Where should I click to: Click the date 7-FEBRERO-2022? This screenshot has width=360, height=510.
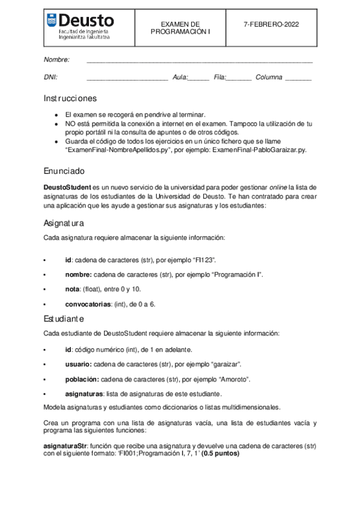pos(271,24)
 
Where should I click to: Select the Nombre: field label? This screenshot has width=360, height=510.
pos(56,60)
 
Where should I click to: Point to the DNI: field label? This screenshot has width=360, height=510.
pos(50,77)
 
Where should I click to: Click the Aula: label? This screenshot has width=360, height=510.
pos(180,77)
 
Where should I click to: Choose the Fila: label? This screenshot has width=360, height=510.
pos(219,77)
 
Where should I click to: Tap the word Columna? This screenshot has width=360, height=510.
pos(269,77)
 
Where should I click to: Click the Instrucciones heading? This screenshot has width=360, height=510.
pos(70,98)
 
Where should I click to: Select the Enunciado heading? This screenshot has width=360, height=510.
pos(64,170)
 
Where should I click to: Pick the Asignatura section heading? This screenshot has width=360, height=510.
pos(64,223)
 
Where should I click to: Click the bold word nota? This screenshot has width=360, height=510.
pos(72,289)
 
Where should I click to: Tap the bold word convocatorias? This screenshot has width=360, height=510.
pos(88,304)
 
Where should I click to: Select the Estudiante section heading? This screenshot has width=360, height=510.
pos(64,318)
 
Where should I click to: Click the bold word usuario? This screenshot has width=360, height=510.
pos(78,364)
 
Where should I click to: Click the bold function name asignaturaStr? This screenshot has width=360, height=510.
pos(66,446)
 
